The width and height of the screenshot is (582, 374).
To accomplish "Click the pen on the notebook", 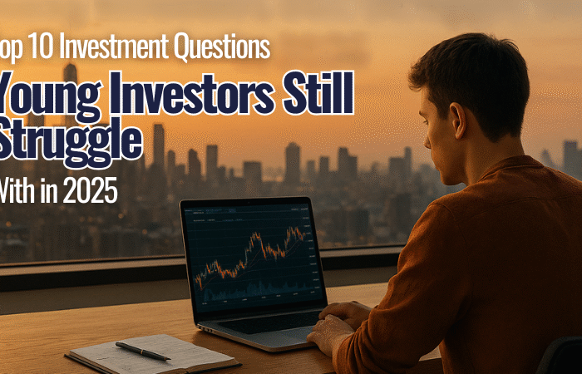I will pyautogui.click(x=142, y=350).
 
